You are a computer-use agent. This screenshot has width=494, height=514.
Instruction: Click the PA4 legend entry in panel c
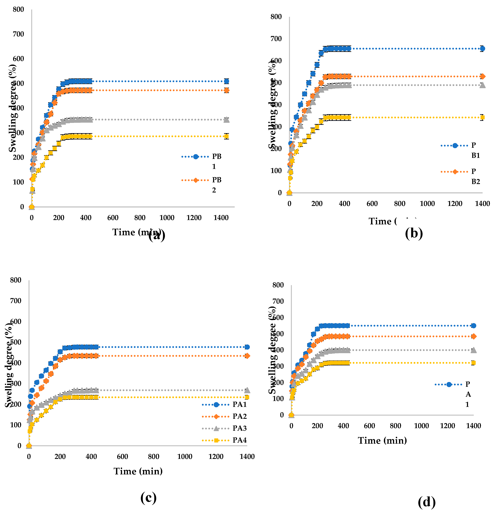pos(239,440)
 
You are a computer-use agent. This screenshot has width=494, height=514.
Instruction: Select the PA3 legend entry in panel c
pos(239,428)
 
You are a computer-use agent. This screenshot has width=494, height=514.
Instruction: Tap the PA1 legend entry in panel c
pos(239,404)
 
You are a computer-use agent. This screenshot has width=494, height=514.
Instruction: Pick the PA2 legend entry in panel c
pos(239,416)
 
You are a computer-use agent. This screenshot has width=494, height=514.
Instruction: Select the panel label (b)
pos(414,233)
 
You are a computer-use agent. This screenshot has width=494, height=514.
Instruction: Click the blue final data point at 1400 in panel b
pos(482,49)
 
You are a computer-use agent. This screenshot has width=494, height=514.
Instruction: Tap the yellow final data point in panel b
pos(482,117)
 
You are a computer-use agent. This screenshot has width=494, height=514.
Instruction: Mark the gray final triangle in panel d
pos(473,350)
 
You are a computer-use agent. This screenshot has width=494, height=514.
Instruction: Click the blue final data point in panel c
pos(247,347)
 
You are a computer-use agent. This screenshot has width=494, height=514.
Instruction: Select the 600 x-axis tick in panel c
pos(122,457)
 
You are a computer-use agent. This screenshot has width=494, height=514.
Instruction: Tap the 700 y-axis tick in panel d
pos(278,301)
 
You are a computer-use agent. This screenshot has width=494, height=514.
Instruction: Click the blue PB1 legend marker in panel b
pos(455,146)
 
